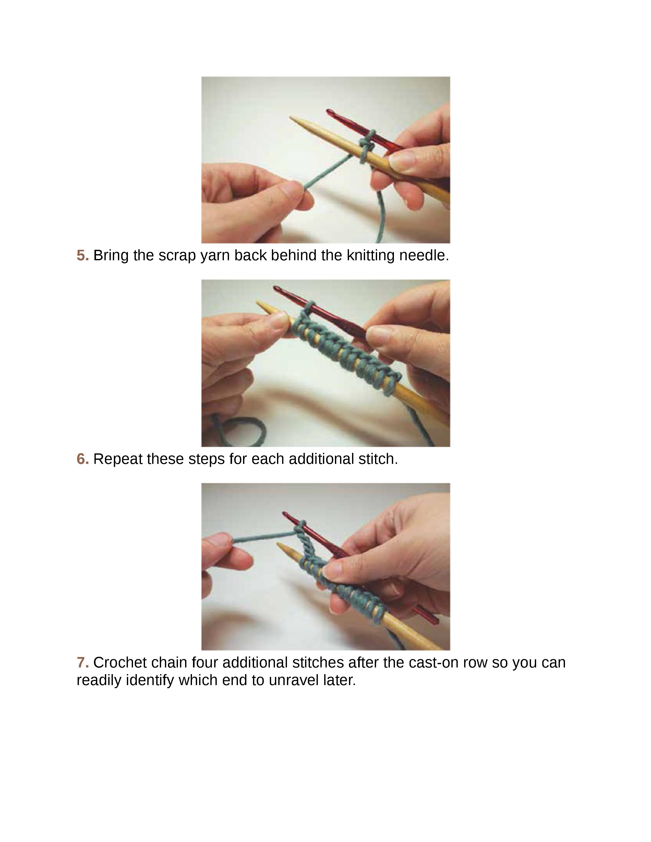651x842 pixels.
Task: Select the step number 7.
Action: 82,663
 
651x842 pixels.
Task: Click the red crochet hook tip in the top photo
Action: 330,112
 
